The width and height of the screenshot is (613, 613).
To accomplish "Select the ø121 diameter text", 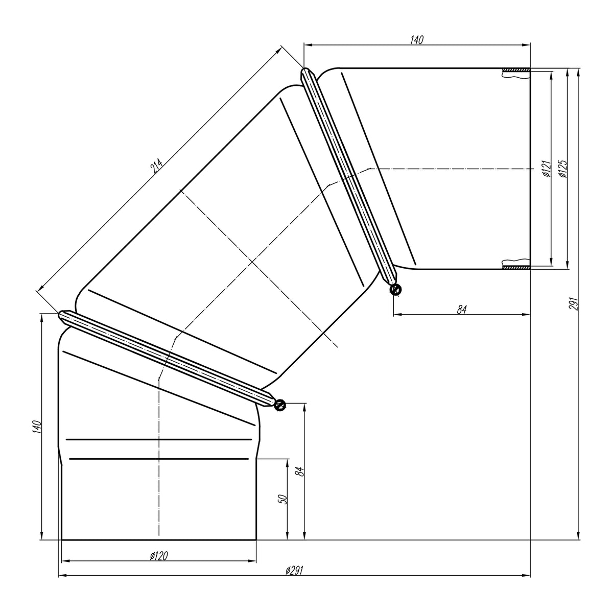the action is coord(547,168).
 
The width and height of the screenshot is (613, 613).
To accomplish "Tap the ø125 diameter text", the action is coord(563,168).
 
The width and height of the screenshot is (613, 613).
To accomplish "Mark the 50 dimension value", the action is coord(283,500).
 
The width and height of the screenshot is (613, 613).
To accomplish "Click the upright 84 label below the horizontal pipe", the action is coord(462,309).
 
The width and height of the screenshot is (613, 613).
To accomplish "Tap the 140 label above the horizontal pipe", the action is coord(417,40).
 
